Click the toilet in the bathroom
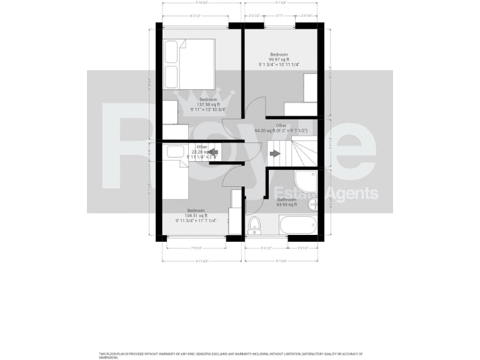click(255, 225)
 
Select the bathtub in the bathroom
click(297, 224)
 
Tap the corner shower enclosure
click(307, 181)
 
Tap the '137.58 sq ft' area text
click(208, 104)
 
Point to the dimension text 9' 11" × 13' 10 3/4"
click(208, 109)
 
